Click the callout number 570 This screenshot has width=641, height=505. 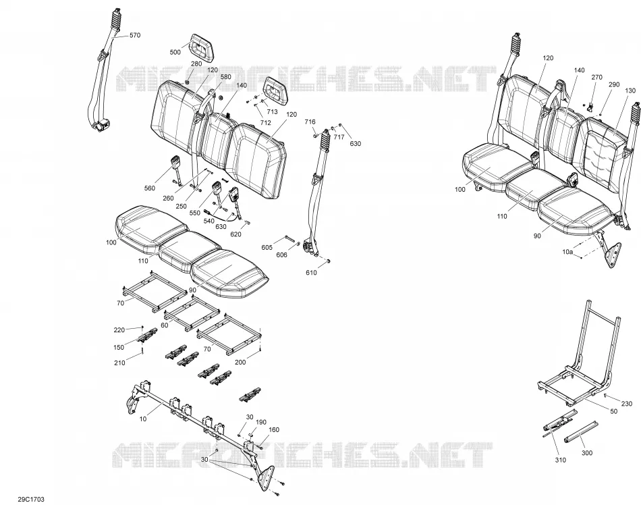click(134, 35)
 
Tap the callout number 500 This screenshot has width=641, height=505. click(175, 52)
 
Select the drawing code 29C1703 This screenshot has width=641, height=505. click(31, 500)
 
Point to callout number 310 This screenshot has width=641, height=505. click(561, 460)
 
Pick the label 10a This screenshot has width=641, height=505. click(567, 252)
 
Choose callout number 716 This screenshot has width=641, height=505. click(310, 122)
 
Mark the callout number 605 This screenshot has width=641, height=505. click(267, 247)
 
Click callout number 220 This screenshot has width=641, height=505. click(119, 330)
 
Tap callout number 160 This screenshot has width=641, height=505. click(274, 430)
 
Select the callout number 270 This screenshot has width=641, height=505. click(597, 77)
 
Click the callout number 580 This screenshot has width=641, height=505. click(225, 77)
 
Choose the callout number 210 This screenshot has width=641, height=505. click(119, 363)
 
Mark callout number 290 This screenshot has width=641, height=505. click(614, 84)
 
